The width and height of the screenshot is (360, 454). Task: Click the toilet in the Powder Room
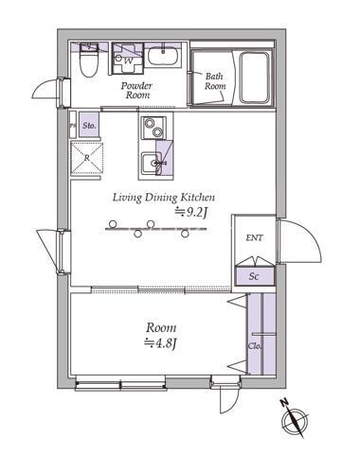click(88, 63)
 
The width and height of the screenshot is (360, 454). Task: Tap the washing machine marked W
click(128, 59)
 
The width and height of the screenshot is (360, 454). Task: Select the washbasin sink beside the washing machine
click(163, 56)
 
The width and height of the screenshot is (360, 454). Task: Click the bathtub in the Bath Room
click(255, 78)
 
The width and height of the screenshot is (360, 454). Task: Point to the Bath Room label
click(215, 81)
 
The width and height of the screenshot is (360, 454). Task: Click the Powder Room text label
click(136, 90)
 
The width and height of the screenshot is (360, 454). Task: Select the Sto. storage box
click(89, 125)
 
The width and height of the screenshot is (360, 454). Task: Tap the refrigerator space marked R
click(87, 158)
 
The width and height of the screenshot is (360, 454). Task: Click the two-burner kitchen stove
click(153, 128)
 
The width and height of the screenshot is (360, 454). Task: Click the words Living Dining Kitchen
click(164, 198)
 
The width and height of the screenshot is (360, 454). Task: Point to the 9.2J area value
click(191, 213)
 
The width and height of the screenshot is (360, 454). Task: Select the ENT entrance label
click(254, 237)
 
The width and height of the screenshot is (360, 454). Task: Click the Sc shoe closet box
click(255, 276)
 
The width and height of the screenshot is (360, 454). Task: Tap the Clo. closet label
click(255, 345)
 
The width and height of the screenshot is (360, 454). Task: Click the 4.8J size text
click(159, 342)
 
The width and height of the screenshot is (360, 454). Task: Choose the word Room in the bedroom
click(161, 328)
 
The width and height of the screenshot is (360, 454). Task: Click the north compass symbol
click(295, 419)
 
